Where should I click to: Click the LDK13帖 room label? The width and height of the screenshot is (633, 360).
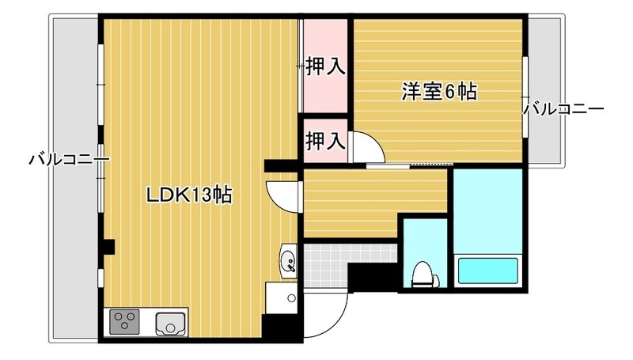tap(189, 195)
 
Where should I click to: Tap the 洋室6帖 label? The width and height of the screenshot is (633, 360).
tap(438, 93)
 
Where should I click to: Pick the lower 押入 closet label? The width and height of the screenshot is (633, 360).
tap(325, 141)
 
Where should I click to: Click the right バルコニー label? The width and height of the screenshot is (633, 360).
tap(564, 108)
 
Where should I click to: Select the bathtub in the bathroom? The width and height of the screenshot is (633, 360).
tap(488, 270)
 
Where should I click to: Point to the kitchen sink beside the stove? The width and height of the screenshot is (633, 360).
tap(170, 324)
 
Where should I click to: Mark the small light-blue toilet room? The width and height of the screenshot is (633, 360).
tap(425, 253)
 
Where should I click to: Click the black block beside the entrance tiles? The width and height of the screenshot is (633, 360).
tap(373, 278)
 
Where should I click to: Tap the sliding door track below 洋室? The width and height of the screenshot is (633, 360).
tap(409, 165)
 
